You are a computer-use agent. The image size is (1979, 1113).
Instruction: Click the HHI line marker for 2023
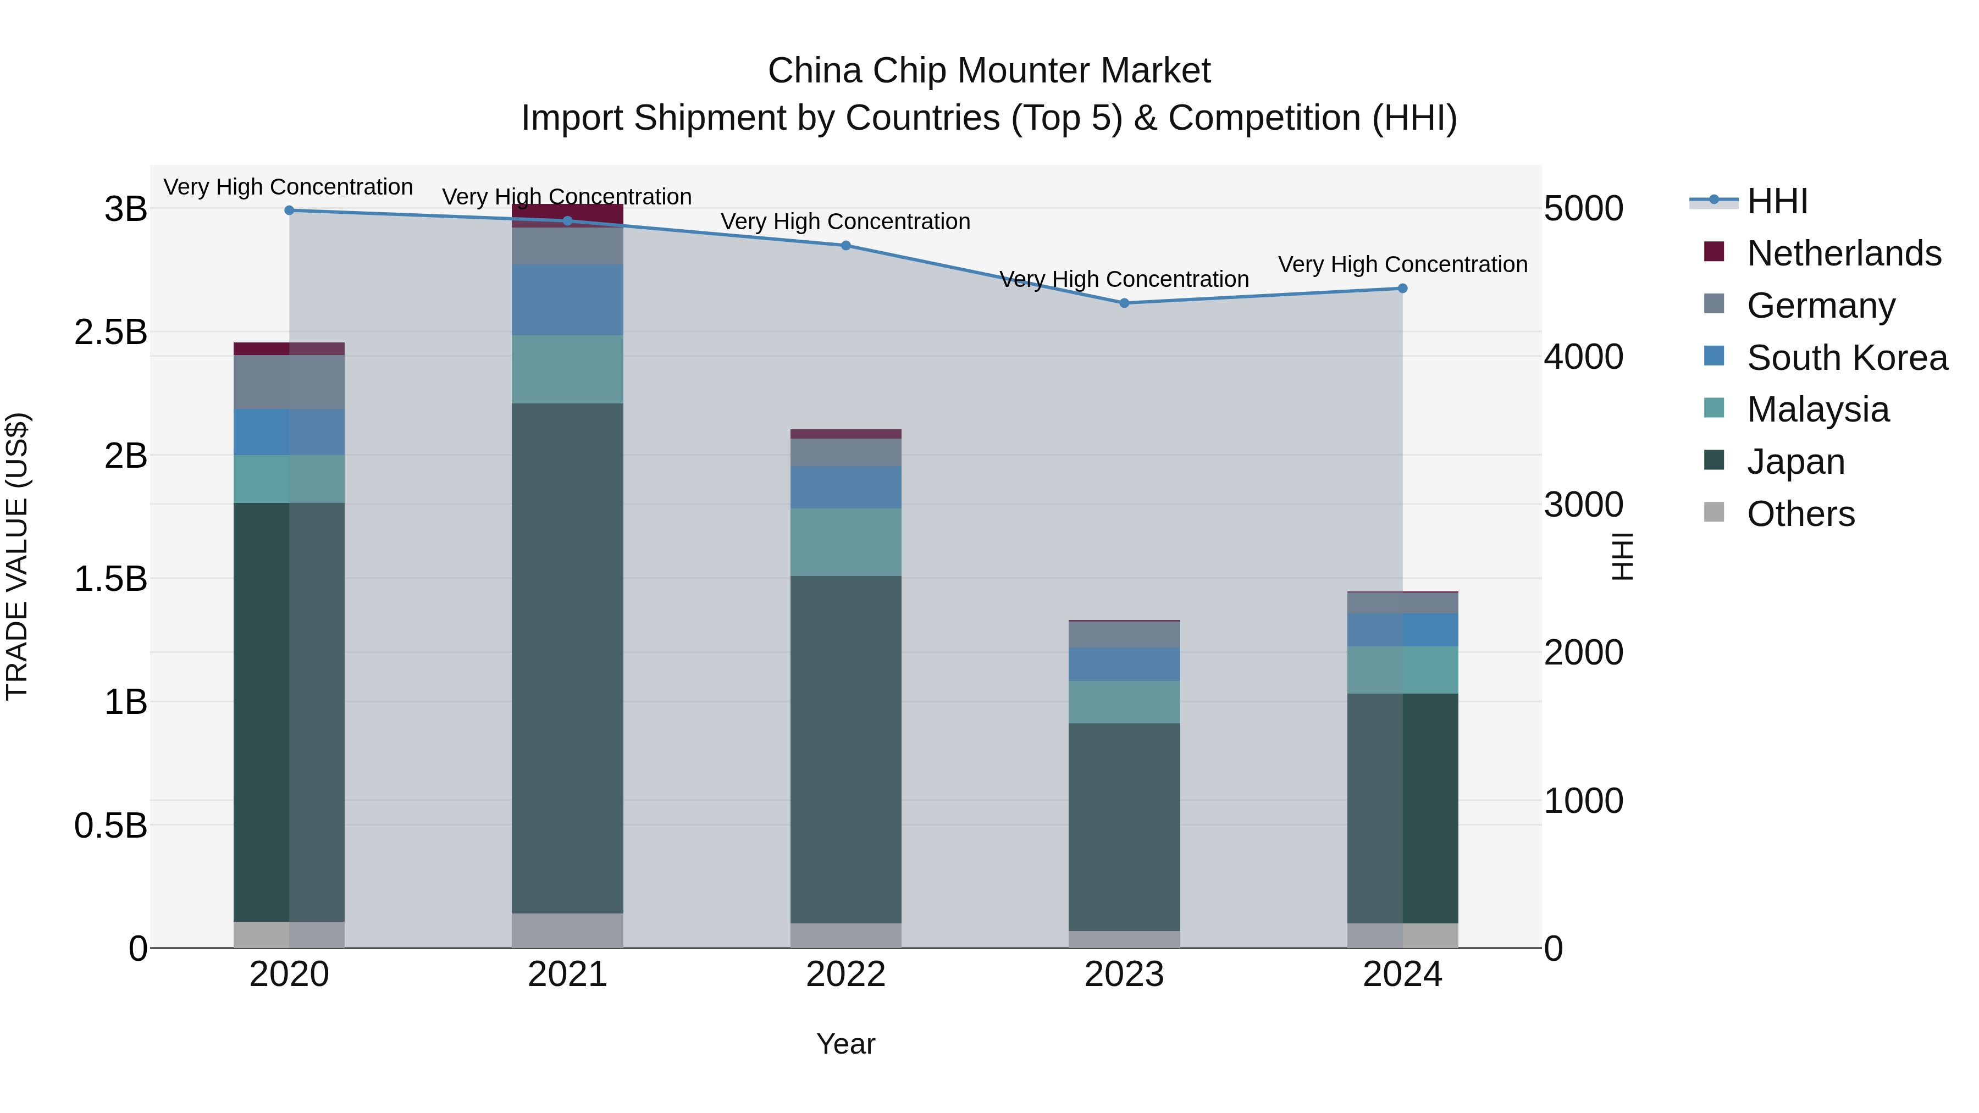coord(1124,303)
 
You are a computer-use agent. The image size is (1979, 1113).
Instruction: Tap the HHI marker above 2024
coord(1402,288)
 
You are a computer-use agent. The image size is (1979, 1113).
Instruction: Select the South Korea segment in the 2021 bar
coord(567,300)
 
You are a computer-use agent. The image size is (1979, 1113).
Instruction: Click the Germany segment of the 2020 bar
coord(289,382)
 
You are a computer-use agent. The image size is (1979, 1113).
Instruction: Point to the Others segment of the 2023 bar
coord(1124,939)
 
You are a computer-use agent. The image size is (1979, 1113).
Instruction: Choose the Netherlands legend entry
coord(1844,253)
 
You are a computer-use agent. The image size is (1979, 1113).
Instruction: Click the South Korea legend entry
coord(1847,357)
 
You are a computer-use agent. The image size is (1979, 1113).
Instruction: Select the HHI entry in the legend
coord(1777,201)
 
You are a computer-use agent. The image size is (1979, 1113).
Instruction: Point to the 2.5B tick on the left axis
coord(110,332)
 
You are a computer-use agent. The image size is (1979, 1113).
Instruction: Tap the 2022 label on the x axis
coord(846,974)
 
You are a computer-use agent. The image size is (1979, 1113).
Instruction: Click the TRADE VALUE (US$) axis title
coord(17,556)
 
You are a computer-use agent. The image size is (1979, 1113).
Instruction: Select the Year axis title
coord(846,1044)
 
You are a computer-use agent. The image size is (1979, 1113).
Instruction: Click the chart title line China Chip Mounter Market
coord(989,71)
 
